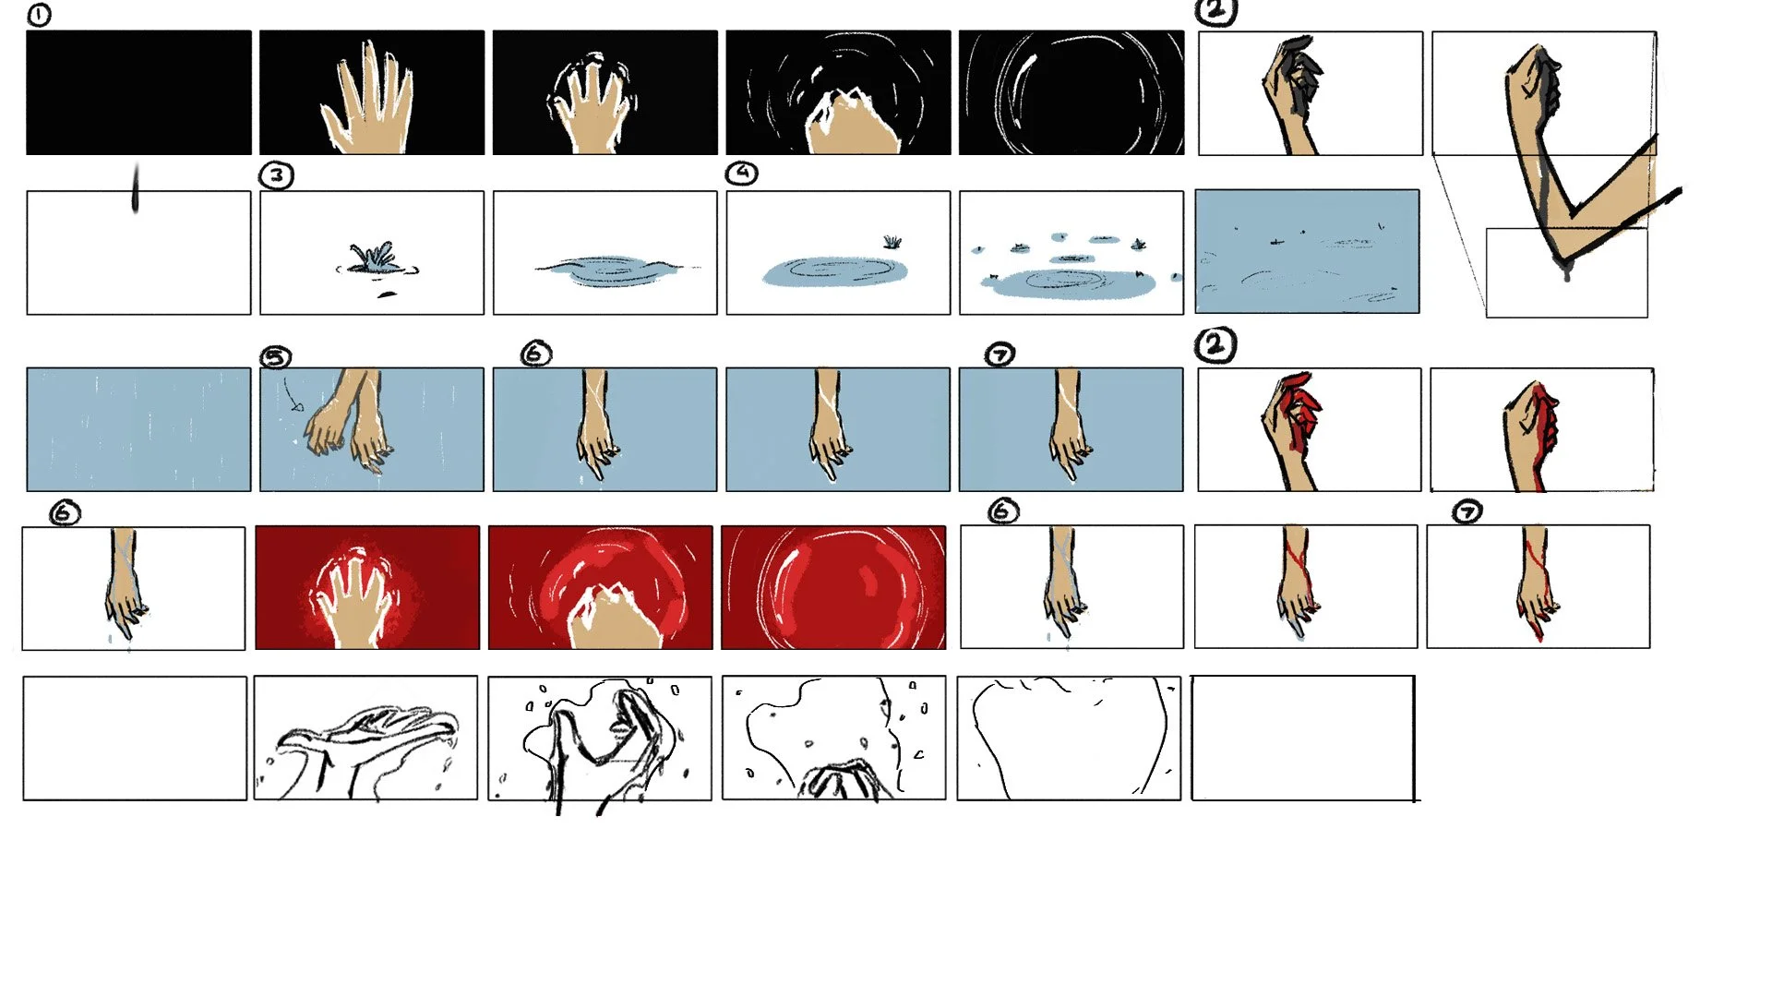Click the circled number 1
click(x=39, y=15)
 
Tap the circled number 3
click(x=276, y=175)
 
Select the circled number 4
click(x=741, y=173)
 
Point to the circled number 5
click(x=276, y=356)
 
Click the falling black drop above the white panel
click(x=136, y=187)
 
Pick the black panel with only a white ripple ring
click(x=1071, y=92)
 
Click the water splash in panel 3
click(x=376, y=258)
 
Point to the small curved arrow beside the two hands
click(x=293, y=394)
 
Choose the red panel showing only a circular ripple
click(x=833, y=587)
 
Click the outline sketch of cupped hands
click(x=366, y=739)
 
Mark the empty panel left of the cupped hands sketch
click(x=135, y=739)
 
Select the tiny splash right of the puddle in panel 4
click(x=892, y=242)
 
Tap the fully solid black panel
click(x=138, y=92)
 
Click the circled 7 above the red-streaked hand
click(x=1467, y=511)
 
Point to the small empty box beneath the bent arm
click(x=1566, y=272)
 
